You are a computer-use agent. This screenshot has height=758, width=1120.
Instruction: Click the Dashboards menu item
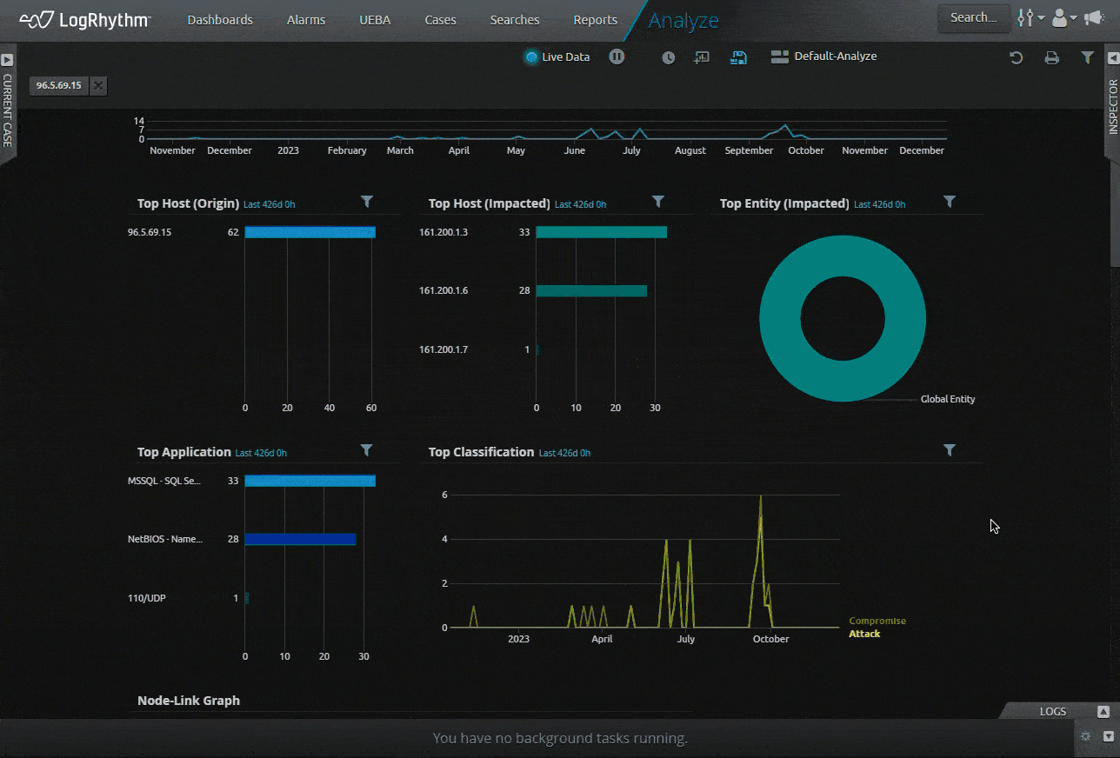220,20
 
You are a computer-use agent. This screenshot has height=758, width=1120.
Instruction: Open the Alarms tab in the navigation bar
305,20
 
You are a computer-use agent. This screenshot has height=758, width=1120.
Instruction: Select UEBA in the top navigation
375,20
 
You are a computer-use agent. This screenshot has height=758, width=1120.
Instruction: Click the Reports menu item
595,20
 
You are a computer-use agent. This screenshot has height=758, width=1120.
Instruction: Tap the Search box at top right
973,17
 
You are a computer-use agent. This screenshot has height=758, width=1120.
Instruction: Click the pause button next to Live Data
617,57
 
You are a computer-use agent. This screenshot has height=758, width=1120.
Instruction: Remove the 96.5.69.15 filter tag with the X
98,85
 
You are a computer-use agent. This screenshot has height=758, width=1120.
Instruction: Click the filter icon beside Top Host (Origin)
367,202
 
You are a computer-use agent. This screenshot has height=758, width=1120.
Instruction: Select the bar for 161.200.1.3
601,232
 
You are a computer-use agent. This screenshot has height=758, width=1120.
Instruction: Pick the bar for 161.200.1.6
591,290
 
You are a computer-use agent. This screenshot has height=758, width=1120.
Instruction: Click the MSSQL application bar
310,481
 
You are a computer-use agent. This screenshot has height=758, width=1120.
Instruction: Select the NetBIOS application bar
300,539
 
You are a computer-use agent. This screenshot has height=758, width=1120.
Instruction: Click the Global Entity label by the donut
947,399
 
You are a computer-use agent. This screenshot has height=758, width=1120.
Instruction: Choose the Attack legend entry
864,634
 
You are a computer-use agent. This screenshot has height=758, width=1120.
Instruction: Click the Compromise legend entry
877,621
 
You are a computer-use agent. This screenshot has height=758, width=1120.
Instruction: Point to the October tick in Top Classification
770,639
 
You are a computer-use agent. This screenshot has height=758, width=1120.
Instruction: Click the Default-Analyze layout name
835,57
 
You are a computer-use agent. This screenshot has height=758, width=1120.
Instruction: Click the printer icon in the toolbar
1051,57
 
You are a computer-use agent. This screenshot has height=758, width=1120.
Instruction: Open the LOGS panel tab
1052,711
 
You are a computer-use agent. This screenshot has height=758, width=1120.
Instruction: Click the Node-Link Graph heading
189,701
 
